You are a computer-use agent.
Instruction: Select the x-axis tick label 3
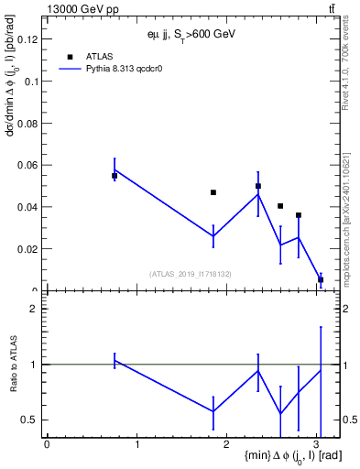pyautogui.click(x=317, y=444)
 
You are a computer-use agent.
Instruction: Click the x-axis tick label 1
pyautogui.click(x=136, y=444)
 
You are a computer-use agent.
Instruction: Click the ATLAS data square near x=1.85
pyautogui.click(x=213, y=192)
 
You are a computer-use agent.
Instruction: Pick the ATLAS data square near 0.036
pyautogui.click(x=299, y=215)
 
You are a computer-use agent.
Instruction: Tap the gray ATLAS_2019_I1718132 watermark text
pyautogui.click(x=191, y=273)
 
